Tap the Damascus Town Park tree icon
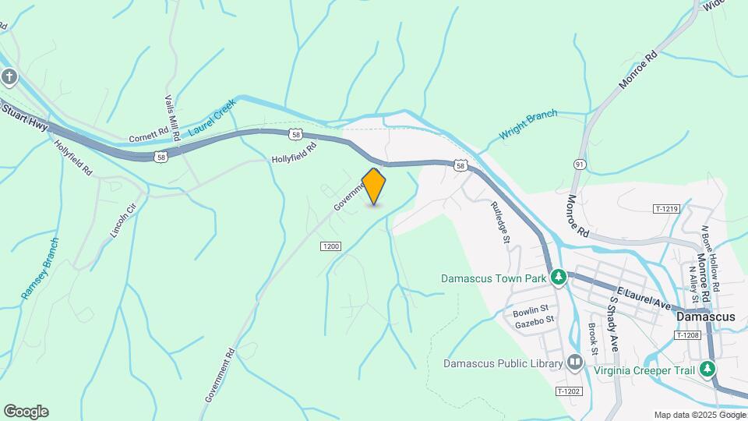558,277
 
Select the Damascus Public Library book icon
575,363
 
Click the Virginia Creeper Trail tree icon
707,369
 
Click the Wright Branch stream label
528,124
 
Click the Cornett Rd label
149,134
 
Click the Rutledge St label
499,223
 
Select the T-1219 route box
666,209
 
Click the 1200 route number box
330,246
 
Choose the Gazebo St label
534,320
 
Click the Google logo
26,412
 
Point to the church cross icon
9,76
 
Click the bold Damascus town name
706,317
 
